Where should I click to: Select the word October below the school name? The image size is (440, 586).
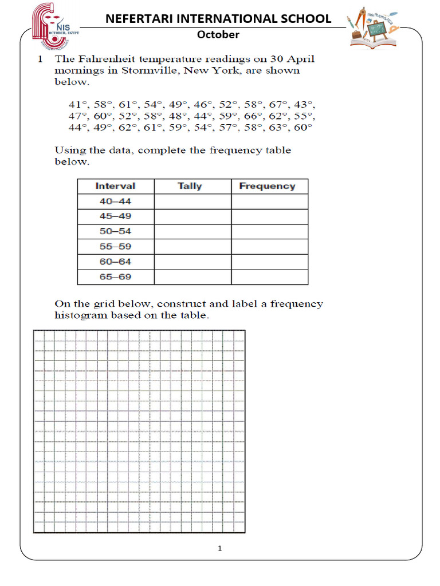[218, 34]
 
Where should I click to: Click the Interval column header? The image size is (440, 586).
[115, 186]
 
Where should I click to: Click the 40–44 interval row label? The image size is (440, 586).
[115, 201]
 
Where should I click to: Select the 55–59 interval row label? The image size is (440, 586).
[115, 247]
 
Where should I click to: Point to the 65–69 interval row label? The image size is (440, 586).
[115, 277]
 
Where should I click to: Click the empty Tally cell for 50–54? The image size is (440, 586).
[192, 232]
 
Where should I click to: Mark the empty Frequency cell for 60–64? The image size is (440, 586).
[269, 262]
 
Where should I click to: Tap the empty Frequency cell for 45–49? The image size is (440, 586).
[269, 217]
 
